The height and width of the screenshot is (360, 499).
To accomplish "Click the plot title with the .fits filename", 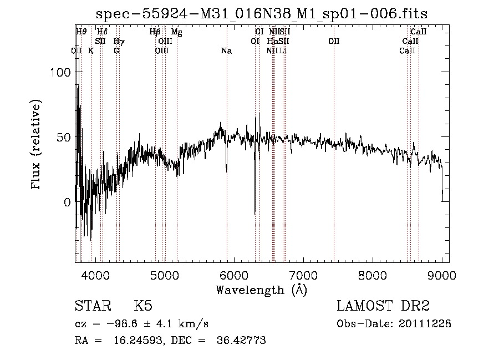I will [262, 13].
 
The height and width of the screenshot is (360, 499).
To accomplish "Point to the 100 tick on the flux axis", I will [60, 72].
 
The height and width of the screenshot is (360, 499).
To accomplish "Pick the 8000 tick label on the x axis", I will [373, 275].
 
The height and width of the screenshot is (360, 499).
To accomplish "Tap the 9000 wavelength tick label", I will [442, 275].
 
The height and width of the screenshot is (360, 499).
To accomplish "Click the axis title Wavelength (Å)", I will [261, 290].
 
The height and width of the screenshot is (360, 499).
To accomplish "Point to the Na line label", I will [226, 51].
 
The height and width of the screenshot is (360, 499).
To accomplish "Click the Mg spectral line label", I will [176, 32].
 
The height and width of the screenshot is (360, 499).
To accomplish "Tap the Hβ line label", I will [155, 32].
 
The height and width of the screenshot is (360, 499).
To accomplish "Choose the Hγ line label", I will [119, 42].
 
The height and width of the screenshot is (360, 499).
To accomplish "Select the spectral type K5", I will [143, 306].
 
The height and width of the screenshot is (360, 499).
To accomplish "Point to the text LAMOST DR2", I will [383, 306].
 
